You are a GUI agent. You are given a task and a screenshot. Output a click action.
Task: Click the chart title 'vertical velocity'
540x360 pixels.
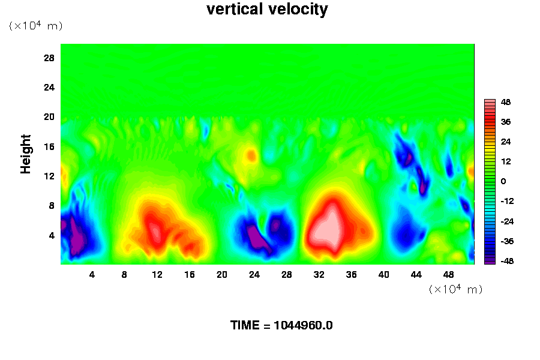point(267,10)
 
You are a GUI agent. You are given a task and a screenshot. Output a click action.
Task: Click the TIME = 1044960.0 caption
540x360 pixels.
point(281,326)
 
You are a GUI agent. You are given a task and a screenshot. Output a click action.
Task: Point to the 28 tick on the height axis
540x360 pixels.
point(49,58)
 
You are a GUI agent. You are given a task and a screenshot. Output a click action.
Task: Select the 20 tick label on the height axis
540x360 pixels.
point(49,116)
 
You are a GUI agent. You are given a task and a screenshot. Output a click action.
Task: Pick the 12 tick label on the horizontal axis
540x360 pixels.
point(157,275)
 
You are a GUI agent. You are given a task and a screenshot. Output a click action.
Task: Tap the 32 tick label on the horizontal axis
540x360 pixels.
point(319,275)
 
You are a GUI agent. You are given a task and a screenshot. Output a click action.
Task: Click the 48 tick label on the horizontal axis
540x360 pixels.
point(448,275)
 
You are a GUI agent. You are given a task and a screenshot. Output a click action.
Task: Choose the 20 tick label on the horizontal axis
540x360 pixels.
point(221,275)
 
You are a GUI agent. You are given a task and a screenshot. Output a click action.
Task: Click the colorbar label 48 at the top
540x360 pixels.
point(505,102)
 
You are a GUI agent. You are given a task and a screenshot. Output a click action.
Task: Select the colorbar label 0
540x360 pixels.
point(503,181)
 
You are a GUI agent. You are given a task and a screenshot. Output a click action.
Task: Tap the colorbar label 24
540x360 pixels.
point(505,142)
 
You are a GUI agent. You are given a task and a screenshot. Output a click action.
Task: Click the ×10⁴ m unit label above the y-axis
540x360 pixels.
point(36,26)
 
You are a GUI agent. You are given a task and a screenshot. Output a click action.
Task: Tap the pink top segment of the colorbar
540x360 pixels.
point(490,103)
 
